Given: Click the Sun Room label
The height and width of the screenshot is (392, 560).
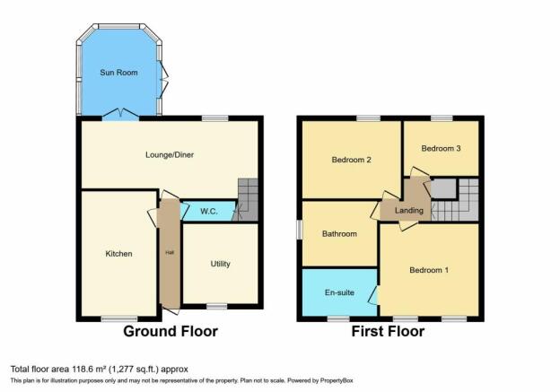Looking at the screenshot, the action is pos(118,73).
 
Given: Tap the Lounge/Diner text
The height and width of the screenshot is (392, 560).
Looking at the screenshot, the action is pos(170,154).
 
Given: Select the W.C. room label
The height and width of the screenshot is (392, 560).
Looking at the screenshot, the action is pos(209,212).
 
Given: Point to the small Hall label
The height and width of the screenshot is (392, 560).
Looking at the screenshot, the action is pos(170,253).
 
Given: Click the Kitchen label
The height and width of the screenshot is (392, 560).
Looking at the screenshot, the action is pos(119,254).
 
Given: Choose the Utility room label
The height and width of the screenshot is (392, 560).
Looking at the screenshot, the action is pos(221,264).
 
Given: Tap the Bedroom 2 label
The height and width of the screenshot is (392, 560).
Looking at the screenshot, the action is pos(352,160).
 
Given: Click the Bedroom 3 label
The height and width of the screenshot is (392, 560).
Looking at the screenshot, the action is pos(441,148).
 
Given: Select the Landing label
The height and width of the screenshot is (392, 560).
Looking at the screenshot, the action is pos(409,211).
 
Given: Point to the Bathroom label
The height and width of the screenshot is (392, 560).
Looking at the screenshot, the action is pos(339,234).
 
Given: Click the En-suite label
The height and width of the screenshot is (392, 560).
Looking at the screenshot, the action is pos(339,292).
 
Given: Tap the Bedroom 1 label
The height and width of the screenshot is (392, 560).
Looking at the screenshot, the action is pos(429,270).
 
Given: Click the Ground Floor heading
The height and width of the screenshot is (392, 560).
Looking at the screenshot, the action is pos(171,331).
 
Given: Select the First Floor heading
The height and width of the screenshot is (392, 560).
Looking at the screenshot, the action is pos(388,331).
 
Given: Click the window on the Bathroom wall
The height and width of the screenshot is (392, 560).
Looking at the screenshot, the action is pos(299,230).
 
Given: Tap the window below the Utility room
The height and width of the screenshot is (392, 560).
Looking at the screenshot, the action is pos(217,306).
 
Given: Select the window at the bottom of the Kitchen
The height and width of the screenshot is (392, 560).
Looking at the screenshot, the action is pos(119,318).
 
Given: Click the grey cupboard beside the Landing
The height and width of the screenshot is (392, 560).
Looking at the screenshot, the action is pos(443,188).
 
